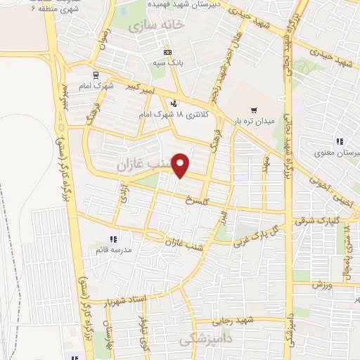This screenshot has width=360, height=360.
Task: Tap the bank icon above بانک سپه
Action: (167, 52)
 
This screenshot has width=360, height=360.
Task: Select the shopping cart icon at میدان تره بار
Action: (255, 110)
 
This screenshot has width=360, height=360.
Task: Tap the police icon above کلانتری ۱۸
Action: (174, 104)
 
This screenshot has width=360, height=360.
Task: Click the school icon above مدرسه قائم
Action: (113, 239)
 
